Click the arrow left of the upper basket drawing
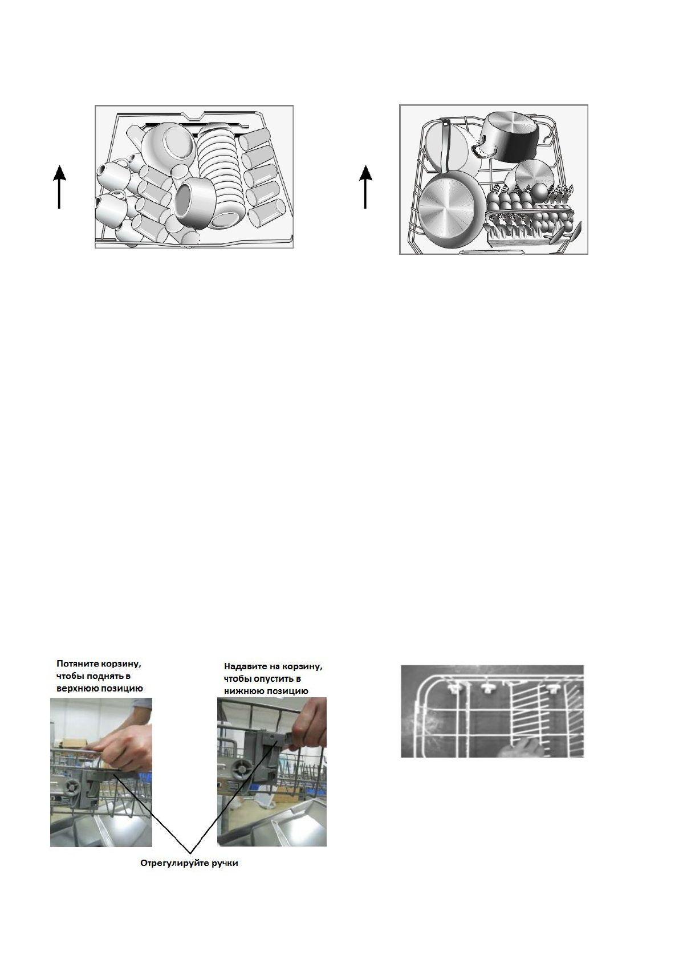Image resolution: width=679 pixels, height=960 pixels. [59, 186]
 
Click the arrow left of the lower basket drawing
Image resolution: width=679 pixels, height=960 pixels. [365, 186]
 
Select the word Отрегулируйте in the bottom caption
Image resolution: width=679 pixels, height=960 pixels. [171, 863]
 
